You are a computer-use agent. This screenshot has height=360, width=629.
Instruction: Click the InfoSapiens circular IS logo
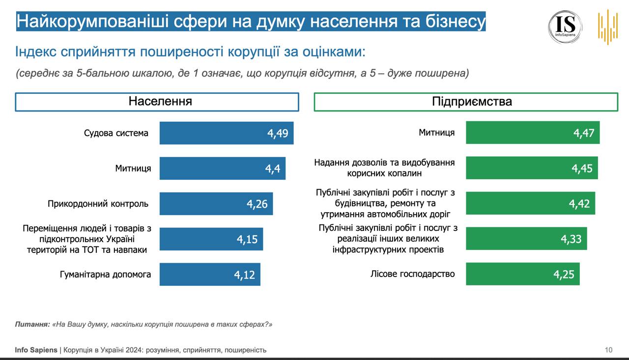pos(565,27)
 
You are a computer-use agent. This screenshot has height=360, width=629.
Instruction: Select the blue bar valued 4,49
pos(227,133)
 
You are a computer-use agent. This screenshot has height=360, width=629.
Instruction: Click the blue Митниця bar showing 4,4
pos(222,168)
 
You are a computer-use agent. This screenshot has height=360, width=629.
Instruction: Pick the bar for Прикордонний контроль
pos(216,204)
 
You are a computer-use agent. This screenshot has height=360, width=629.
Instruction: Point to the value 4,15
pos(247,240)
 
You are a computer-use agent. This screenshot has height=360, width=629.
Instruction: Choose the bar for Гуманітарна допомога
pos(210,275)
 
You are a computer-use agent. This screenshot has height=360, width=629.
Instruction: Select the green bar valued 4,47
pos(533,133)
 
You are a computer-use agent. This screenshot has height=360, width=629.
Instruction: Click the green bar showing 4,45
pos(532,168)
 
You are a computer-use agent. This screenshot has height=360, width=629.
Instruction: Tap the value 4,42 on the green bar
pos(579,204)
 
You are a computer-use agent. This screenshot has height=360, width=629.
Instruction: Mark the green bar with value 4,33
pos(526,239)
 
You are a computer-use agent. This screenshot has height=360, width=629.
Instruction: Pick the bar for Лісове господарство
pos(523,274)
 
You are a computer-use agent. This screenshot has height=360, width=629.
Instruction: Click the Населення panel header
pos(157,102)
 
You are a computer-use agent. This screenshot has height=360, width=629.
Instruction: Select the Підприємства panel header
pos(466,102)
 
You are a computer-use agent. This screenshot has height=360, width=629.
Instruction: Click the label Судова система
pos(116,133)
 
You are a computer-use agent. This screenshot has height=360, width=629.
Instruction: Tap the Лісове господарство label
pos(412,274)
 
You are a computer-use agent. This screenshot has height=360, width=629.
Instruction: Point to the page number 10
pos(608,350)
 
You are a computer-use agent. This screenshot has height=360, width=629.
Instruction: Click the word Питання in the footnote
pos(32,325)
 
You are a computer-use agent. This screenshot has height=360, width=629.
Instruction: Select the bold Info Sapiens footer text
pos(36,350)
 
